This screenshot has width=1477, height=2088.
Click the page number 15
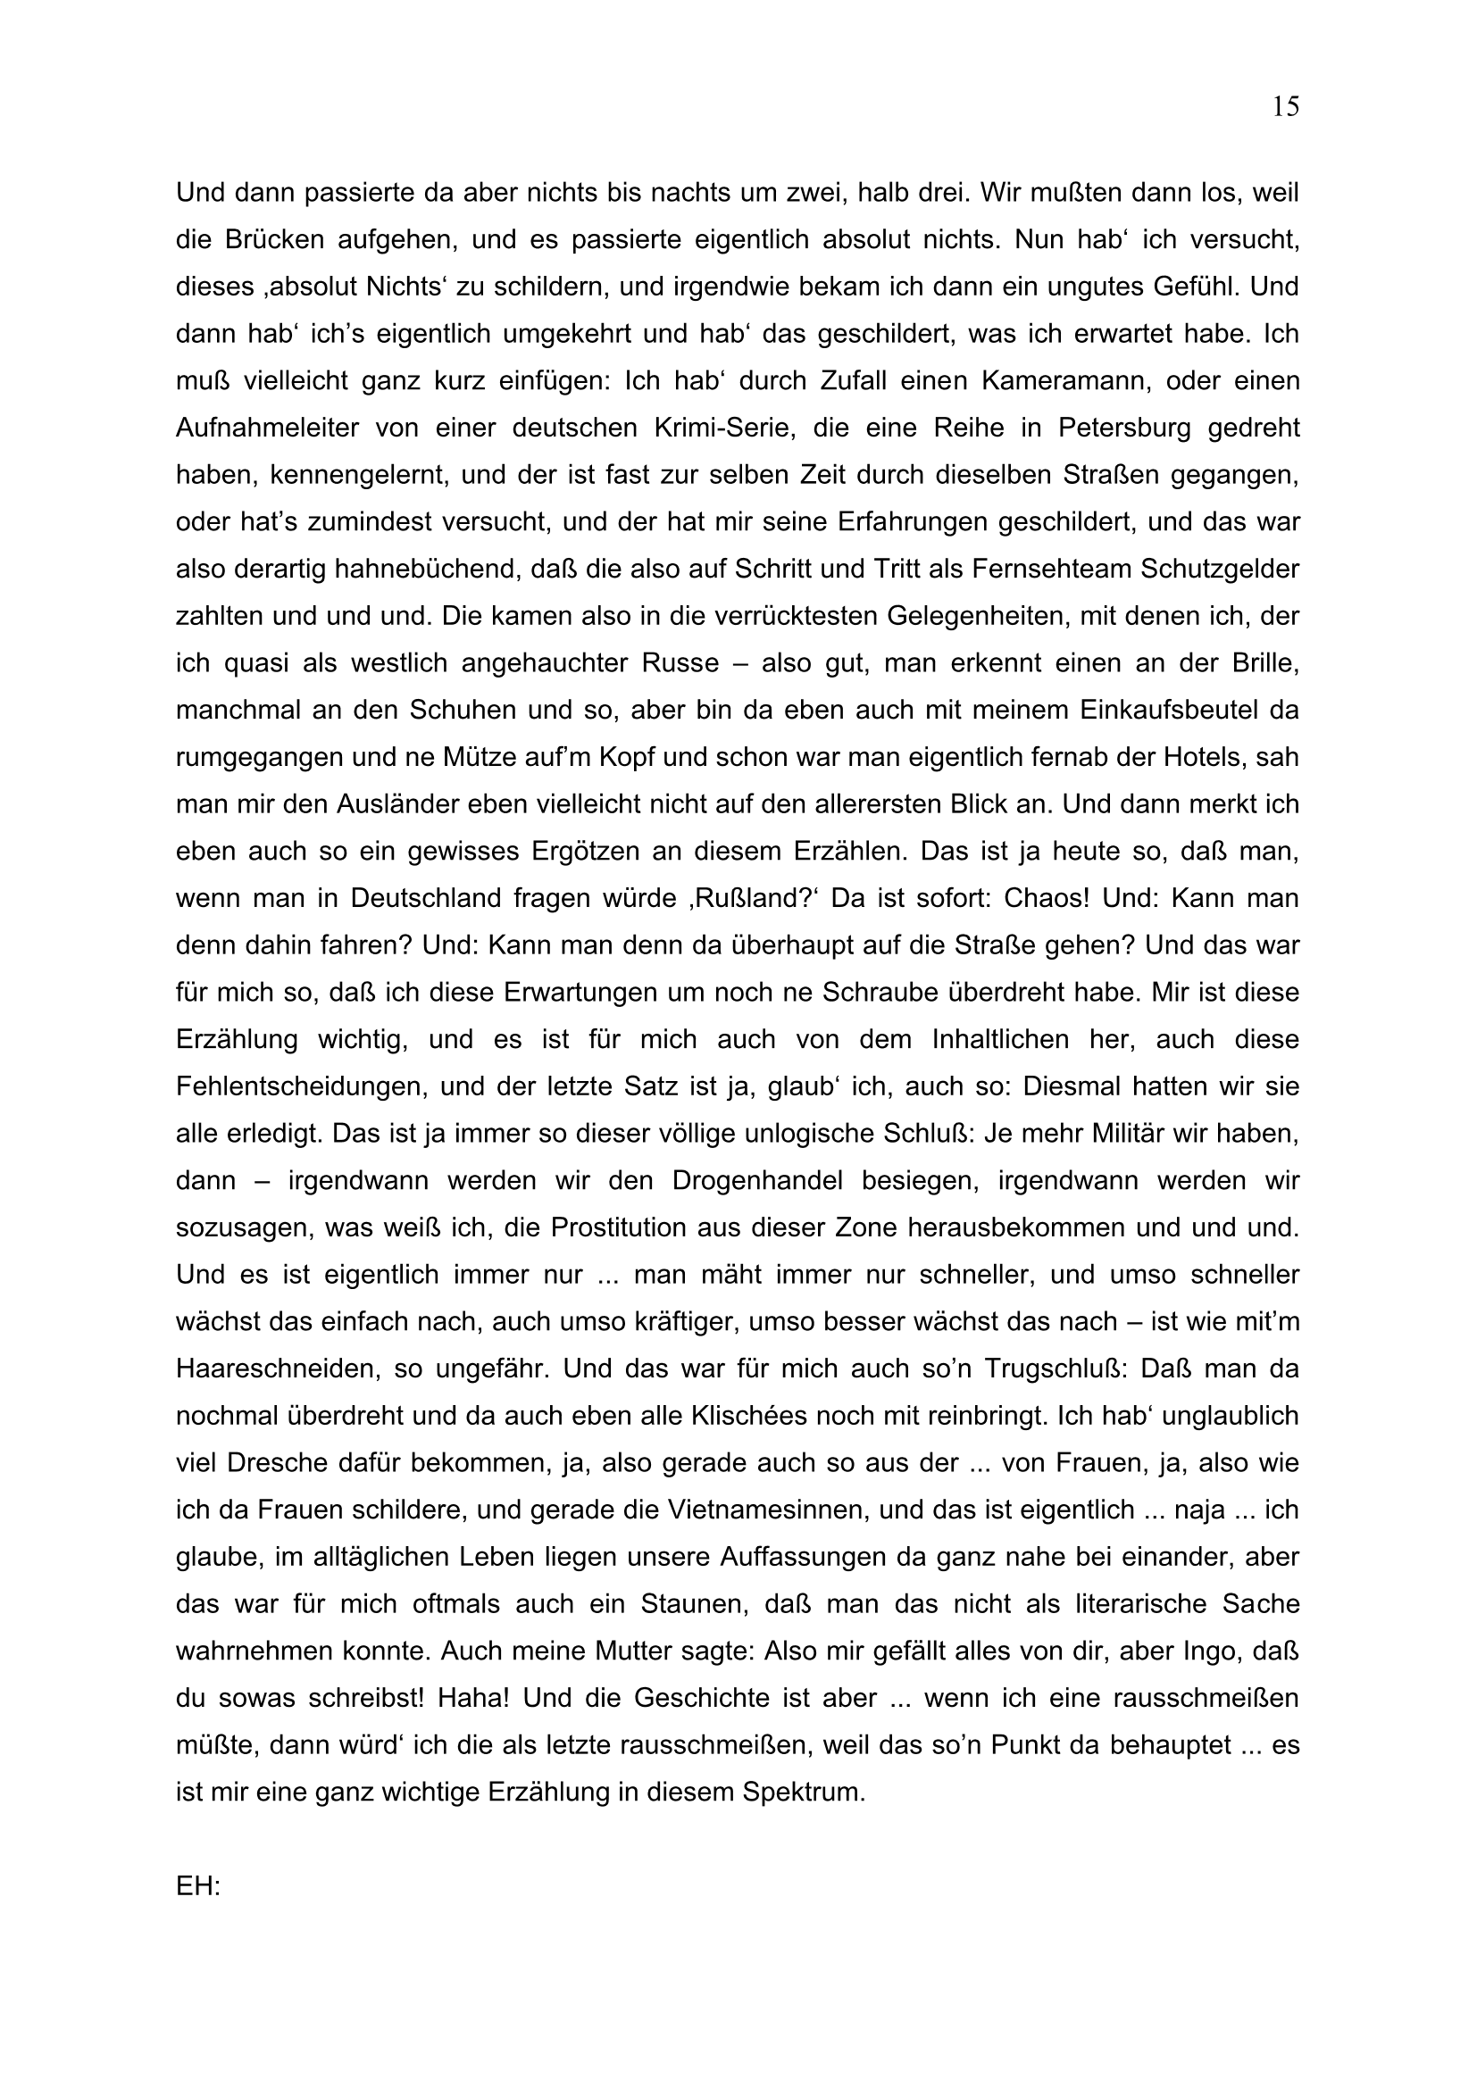click(x=1285, y=107)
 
